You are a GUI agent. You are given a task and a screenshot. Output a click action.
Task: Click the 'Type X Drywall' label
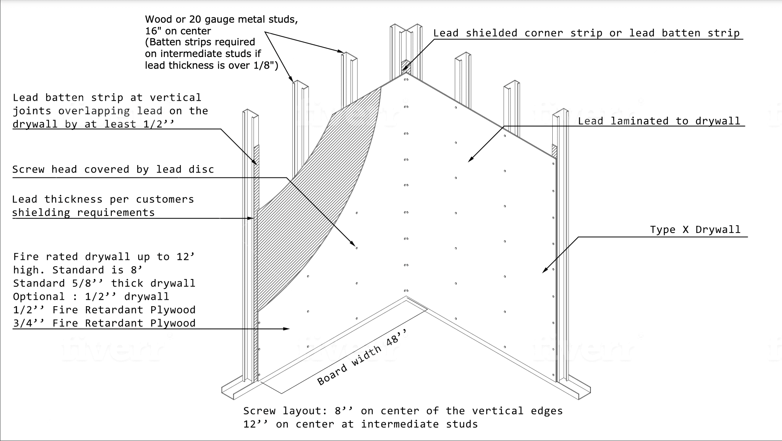click(x=695, y=230)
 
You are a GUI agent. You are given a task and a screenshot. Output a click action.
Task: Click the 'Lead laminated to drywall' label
click(x=659, y=121)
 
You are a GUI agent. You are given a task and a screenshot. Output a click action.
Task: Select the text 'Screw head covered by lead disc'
click(x=113, y=170)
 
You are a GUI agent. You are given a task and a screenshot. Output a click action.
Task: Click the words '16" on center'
click(x=178, y=31)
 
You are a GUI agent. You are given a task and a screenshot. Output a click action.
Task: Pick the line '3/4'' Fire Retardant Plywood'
click(x=104, y=323)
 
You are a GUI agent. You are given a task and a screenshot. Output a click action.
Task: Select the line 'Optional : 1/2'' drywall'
click(x=91, y=297)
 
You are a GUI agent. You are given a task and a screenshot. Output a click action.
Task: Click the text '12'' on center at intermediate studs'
click(x=360, y=424)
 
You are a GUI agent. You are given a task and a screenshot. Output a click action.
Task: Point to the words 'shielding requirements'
click(x=83, y=213)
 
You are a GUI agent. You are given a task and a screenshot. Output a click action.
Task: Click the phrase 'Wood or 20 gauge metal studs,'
click(x=221, y=19)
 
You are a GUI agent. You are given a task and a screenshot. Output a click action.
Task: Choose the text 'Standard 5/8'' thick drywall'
click(x=104, y=284)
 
